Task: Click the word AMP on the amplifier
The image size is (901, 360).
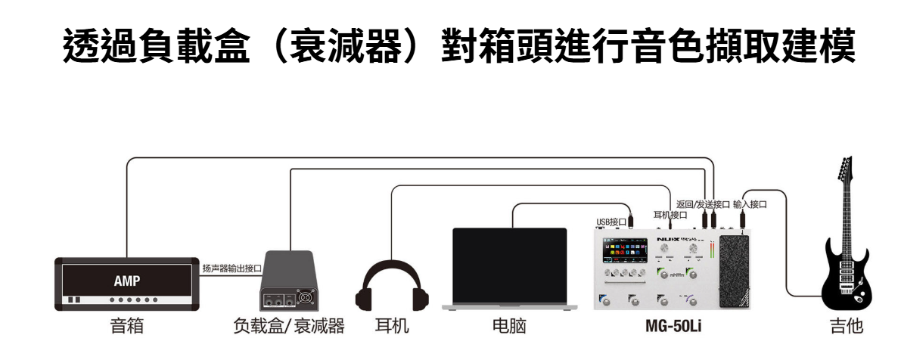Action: pos(126,279)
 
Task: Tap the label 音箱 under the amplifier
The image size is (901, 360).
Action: pos(126,326)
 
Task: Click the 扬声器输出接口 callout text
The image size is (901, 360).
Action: pos(231,268)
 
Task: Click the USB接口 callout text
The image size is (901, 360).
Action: pos(611,222)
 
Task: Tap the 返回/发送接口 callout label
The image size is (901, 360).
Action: pos(703,204)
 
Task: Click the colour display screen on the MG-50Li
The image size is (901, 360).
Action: pos(626,253)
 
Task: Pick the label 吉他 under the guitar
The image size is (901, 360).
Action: pos(844,326)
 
